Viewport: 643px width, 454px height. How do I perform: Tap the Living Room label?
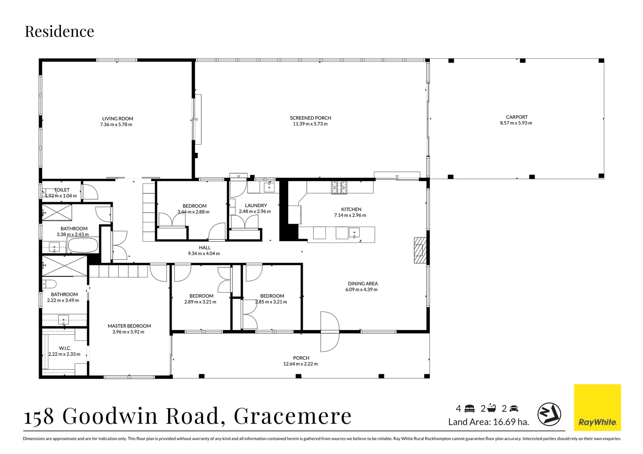(117, 119)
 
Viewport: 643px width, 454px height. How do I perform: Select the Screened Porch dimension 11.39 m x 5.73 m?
(310, 124)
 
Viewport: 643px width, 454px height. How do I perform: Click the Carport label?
(516, 117)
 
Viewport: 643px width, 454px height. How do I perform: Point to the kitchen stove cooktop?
(339, 187)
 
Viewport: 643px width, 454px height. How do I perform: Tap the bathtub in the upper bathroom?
(83, 245)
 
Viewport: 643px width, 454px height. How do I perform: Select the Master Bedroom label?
(129, 326)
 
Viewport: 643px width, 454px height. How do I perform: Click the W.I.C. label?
(65, 348)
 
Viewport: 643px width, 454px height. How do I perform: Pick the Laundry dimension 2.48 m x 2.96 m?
(255, 211)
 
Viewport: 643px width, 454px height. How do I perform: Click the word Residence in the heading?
(59, 32)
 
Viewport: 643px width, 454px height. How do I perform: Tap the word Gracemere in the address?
(292, 416)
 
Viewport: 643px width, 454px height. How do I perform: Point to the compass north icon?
(549, 414)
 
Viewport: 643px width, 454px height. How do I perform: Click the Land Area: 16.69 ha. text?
(488, 422)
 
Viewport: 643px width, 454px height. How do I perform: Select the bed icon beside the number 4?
(470, 409)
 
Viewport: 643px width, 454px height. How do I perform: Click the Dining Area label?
(363, 284)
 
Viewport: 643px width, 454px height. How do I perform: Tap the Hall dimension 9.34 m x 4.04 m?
(204, 253)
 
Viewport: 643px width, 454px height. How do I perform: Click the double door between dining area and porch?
(329, 332)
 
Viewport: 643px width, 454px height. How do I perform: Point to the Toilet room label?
(62, 190)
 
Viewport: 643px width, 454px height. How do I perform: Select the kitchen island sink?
(355, 232)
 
